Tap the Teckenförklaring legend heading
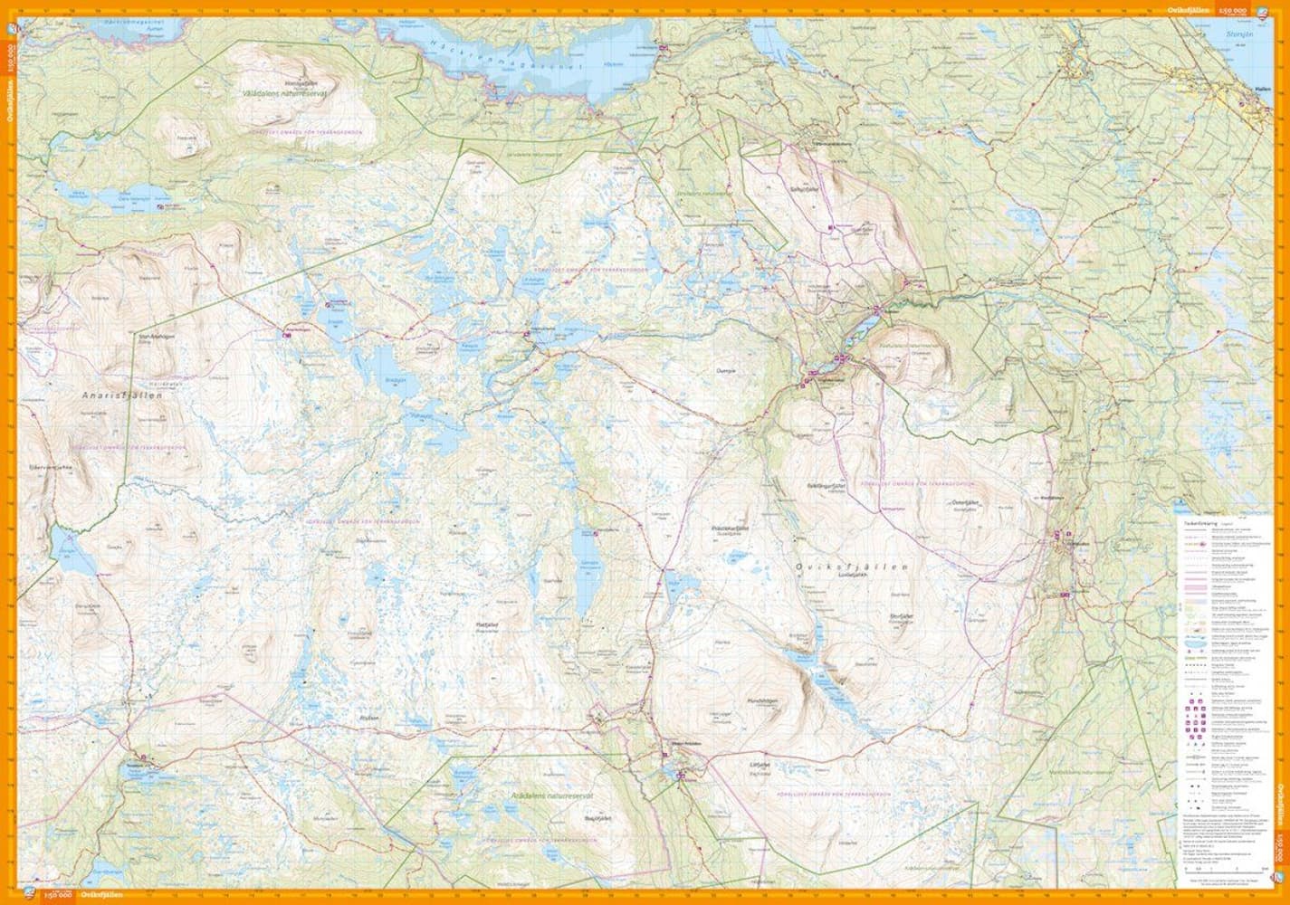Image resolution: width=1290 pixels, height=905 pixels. pos(1194,523)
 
